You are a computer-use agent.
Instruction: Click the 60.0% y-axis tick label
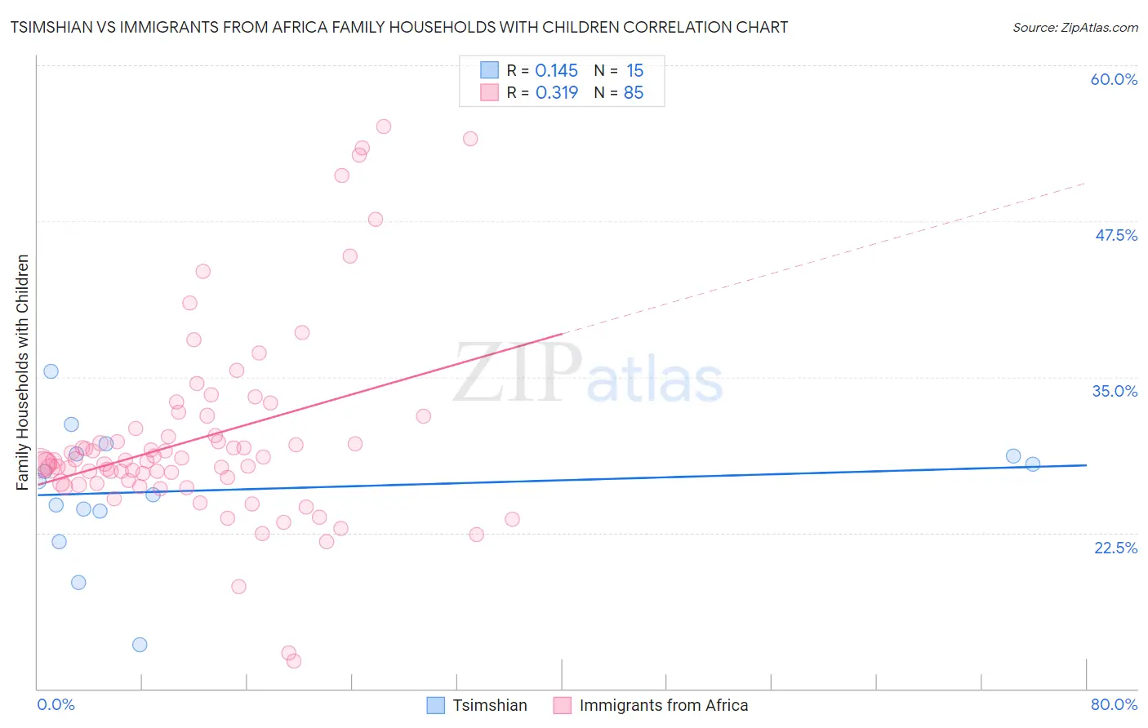[x=1114, y=79]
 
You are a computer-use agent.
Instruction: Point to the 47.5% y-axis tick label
[x=1115, y=235]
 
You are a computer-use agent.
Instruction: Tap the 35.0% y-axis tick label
[x=1115, y=391]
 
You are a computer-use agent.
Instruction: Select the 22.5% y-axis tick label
[x=1115, y=548]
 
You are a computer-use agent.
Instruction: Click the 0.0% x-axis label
[x=56, y=704]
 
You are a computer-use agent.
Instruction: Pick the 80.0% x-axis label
[x=1114, y=704]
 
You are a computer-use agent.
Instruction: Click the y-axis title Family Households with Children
[x=22, y=372]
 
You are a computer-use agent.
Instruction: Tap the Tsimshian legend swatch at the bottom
[x=436, y=705]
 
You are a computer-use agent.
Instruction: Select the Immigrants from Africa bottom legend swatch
[x=562, y=705]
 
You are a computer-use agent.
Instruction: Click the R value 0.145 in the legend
[x=556, y=71]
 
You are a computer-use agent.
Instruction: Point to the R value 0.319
[x=556, y=93]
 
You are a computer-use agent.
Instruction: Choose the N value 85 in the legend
[x=634, y=93]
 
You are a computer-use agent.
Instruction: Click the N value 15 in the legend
[x=634, y=71]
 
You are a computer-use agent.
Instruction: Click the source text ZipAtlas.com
[x=1075, y=27]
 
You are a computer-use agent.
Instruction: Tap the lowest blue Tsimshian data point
[x=140, y=645]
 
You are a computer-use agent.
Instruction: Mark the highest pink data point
[x=384, y=127]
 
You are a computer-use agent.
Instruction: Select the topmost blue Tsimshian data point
[x=51, y=371]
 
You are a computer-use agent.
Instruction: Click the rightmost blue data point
[x=1033, y=464]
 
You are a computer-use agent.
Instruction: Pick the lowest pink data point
[x=294, y=661]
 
